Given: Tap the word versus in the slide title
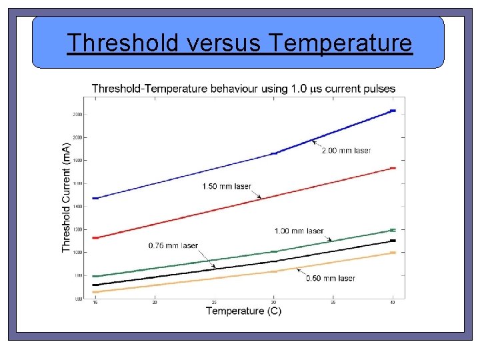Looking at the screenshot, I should pos(226,43).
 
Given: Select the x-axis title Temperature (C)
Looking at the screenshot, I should pos(243,311).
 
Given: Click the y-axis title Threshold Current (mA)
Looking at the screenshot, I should pos(66,197).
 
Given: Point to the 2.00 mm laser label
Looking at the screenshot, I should pos(346,151).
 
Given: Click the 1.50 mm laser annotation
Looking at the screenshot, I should pos(227,186).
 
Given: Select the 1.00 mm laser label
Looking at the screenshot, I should pos(299,231).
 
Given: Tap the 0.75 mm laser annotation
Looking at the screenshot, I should pos(173,245).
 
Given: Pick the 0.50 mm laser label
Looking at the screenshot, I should pos(331,278).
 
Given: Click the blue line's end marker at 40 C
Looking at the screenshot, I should pos(393,111).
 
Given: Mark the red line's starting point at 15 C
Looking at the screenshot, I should pos(95,238).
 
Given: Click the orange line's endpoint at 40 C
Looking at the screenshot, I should pos(393,253).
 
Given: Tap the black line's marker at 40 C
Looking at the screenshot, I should pos(393,241).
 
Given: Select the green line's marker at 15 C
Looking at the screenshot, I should pos(95,276).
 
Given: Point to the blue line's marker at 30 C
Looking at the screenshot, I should pos(273,153).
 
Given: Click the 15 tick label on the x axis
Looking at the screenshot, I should pos(95,303).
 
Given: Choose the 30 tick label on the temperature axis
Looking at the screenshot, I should pos(273,303).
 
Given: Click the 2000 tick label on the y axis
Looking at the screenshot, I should pos(78,137).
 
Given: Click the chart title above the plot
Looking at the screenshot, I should pos(243,89).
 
